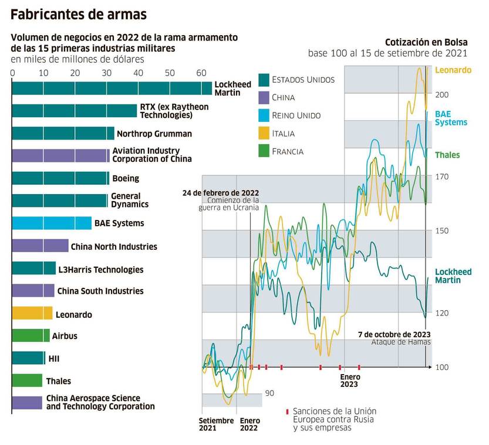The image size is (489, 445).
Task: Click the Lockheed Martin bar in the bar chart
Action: coord(112,88)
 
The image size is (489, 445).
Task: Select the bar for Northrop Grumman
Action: coord(63,133)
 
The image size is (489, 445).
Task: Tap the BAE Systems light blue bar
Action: coord(52,223)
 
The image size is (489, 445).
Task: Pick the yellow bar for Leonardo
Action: coord(32,314)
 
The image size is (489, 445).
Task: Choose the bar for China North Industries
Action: coord(40,246)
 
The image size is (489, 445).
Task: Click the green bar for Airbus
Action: coord(31,335)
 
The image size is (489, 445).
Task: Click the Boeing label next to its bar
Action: coord(125,178)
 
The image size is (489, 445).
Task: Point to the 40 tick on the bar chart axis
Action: coord(138,73)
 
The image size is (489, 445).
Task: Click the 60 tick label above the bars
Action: coord(201,73)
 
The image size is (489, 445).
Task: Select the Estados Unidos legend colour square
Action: coord(263,79)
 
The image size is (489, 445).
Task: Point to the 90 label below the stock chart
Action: coord(269,393)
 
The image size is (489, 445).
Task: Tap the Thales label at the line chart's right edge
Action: coord(447,155)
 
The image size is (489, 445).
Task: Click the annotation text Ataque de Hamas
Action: coord(401,342)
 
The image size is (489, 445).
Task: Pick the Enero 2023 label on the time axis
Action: coord(349,381)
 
